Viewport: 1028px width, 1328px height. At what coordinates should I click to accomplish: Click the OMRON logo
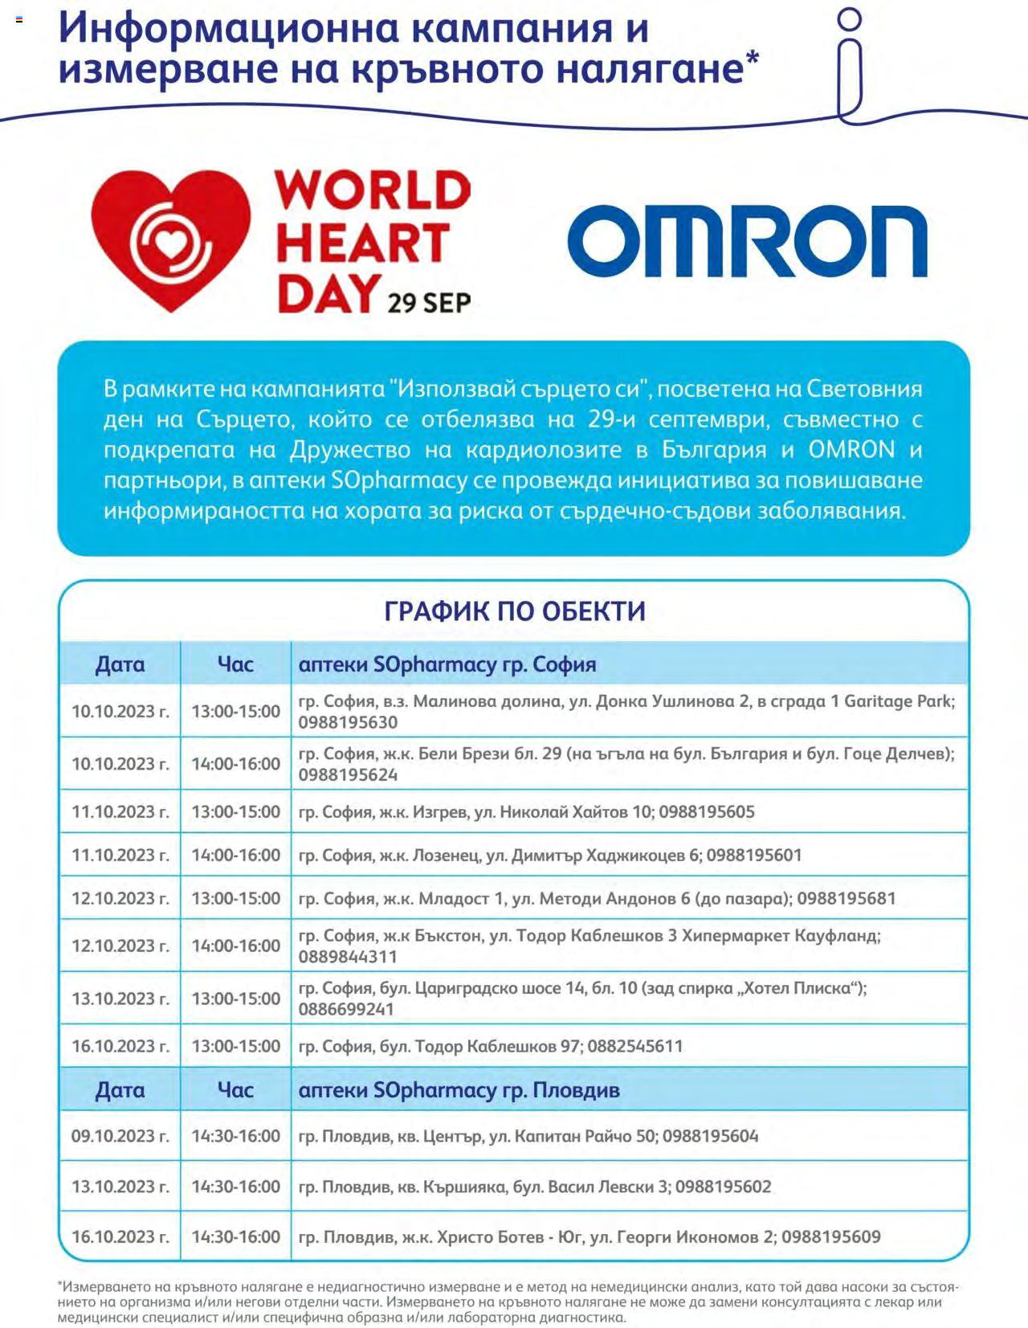[x=747, y=242]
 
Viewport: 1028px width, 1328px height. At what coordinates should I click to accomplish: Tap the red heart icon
[x=170, y=240]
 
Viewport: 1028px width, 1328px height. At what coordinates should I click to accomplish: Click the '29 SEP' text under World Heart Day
[x=429, y=303]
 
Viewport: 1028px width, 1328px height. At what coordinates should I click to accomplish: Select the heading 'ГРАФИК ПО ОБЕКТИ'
[x=514, y=611]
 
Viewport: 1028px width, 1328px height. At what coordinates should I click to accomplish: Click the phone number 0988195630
[x=348, y=722]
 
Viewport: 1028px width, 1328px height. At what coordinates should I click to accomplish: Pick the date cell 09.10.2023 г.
[x=120, y=1136]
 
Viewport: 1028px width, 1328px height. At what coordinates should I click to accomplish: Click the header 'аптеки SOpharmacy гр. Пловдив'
[x=459, y=1090]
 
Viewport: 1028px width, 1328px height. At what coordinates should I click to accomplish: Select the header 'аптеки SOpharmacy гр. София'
[x=447, y=664]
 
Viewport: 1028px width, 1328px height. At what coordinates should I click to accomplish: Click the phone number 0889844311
[x=348, y=957]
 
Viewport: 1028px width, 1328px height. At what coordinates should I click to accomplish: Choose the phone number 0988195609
[x=830, y=1236]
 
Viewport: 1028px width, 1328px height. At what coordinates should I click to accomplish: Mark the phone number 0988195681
[x=846, y=898]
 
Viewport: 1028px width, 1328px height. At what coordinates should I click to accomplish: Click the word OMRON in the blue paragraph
[x=851, y=449]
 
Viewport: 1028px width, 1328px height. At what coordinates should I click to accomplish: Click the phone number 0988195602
[x=723, y=1187]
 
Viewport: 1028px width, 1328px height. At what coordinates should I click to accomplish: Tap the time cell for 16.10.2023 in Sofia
[x=235, y=1046]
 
